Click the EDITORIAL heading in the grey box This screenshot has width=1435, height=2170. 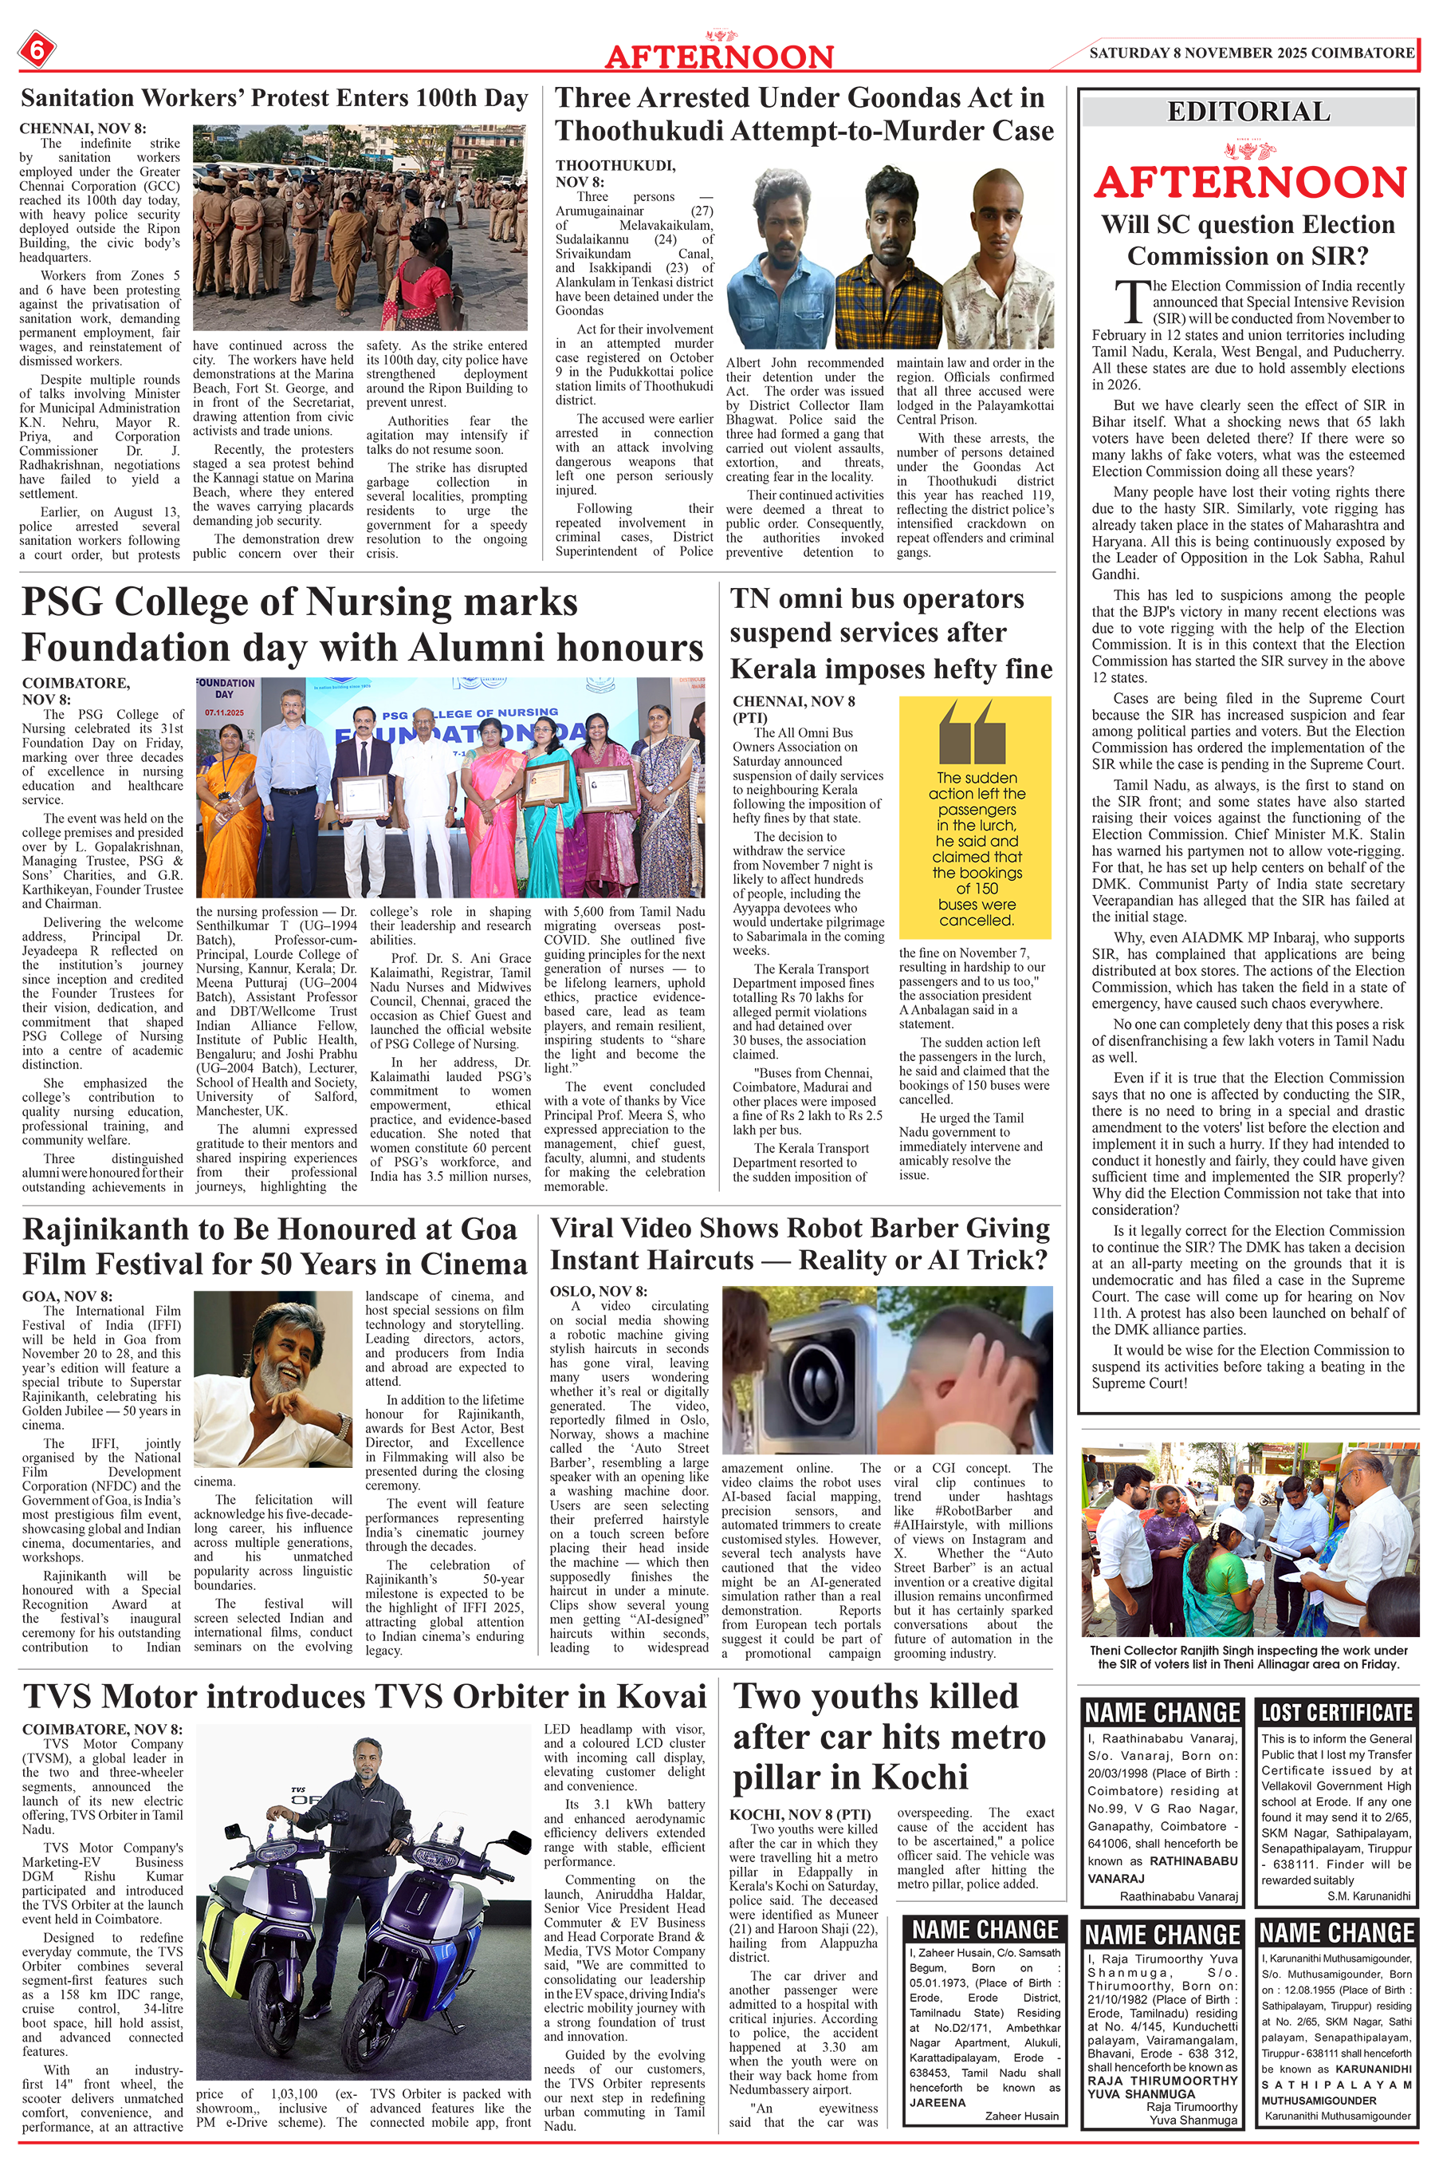1248,112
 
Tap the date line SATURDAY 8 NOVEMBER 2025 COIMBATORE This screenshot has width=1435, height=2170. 1251,53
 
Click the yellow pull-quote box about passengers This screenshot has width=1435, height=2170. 976,817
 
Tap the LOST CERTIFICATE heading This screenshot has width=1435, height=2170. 1336,1712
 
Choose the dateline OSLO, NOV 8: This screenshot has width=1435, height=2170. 599,1291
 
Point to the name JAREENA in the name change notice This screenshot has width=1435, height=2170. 938,2102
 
